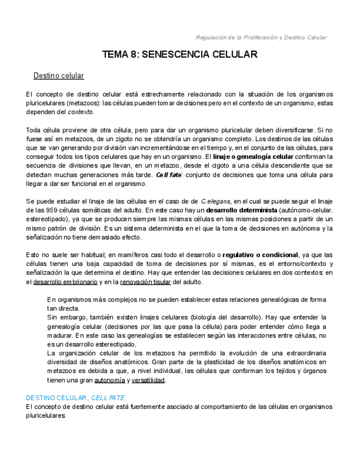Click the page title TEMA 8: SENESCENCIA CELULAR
180,54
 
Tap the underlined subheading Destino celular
59,75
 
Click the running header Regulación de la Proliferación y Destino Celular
261,37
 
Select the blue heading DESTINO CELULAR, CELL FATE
75,397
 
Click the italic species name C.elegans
216,202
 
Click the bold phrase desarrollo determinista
241,210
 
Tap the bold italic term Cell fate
168,175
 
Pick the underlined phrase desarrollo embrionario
65,282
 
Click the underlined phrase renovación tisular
145,282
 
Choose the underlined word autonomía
109,380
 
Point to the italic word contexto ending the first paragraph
80,112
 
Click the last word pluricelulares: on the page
46,416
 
